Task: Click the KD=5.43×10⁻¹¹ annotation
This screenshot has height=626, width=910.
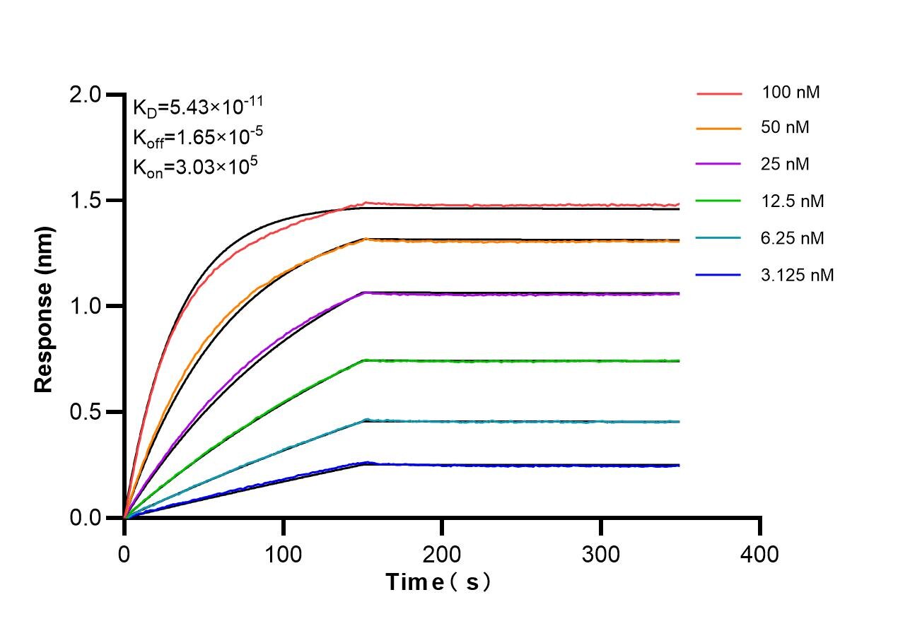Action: click(x=198, y=107)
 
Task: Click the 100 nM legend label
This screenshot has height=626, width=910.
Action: click(x=791, y=93)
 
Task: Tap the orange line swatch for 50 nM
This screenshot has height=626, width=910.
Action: click(x=718, y=129)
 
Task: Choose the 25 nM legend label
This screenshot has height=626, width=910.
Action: click(x=786, y=165)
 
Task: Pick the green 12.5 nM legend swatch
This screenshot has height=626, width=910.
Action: click(x=718, y=201)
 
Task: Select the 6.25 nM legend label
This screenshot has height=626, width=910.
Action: click(x=793, y=238)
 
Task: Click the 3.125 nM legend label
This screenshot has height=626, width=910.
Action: click(x=798, y=275)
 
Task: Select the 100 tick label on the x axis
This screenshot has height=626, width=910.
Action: click(x=284, y=553)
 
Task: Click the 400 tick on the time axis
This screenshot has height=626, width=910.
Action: click(x=760, y=553)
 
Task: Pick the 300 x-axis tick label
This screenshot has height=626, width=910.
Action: click(x=601, y=553)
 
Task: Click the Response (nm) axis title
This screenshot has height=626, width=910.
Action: click(x=44, y=309)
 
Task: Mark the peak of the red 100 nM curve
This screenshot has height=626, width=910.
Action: click(x=366, y=203)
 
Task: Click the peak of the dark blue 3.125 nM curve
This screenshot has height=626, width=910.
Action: click(x=366, y=463)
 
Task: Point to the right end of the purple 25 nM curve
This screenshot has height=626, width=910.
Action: click(x=679, y=294)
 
